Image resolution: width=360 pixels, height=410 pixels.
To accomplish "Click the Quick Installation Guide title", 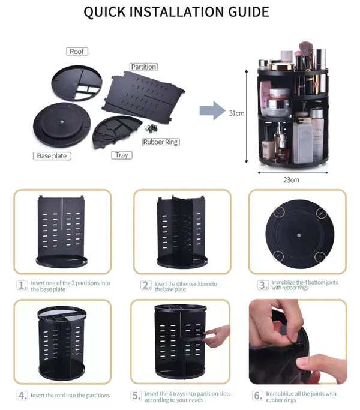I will pos(176,12).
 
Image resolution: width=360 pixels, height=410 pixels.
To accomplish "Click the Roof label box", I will pos(77,52).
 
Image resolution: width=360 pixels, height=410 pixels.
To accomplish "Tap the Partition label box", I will pos(143,67).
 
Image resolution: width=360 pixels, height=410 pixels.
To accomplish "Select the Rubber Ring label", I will pos(161,142).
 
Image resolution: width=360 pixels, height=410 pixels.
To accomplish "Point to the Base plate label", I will pos(52,156).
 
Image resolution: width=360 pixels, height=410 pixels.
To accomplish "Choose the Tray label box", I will pos(122,155).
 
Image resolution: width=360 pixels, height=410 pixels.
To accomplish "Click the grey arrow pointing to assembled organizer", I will pos(211,111).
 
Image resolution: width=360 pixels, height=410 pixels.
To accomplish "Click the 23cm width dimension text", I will pos(291,179).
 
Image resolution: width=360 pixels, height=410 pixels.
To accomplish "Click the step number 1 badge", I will pos(22,285).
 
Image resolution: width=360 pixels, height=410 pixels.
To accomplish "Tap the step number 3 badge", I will pos(263,285).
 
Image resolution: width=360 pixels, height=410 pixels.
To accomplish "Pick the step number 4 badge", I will pos(22,395).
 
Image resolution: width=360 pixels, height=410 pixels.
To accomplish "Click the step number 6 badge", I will pos(257,396).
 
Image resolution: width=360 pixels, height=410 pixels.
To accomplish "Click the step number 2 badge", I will pos(146,285).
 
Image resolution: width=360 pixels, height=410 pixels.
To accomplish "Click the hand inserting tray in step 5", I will pos(217,336).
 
